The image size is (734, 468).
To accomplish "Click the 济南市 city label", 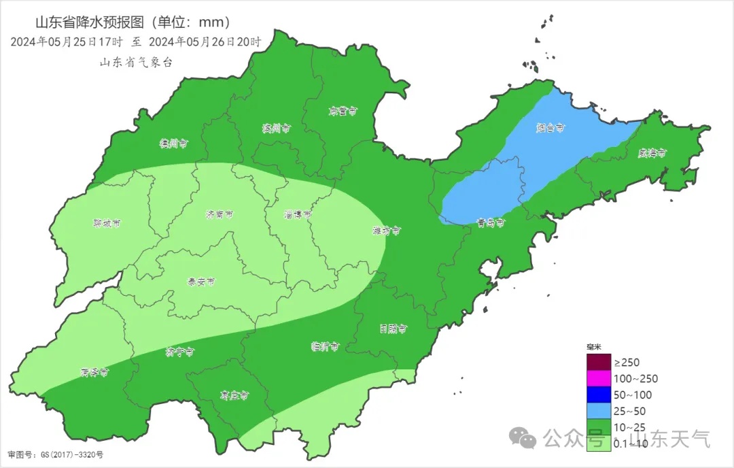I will coord(220,214).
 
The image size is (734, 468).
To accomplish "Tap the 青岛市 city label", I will coord(490,222).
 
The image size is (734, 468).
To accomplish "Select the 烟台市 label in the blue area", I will coord(550,127).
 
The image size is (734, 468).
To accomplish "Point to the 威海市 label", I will coord(652,153).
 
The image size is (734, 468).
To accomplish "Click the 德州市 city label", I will coord(173,144).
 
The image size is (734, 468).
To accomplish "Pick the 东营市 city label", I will coord(343,110).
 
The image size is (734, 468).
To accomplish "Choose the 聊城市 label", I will coord(107,223).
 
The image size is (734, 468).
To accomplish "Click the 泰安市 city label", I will coord(201,281).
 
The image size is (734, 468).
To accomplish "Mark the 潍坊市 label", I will coord(386,231).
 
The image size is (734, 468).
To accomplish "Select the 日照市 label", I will coord(393,329).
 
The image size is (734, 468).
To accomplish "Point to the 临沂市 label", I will coord(325,346).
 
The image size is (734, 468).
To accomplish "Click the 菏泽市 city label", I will coord(94,372).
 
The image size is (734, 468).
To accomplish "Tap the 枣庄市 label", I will coord(234,395).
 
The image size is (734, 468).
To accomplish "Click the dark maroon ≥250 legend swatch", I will coord(599,362).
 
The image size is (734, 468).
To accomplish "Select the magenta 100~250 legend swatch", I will coord(599,378).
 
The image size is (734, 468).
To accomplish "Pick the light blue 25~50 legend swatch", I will coord(599,411).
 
